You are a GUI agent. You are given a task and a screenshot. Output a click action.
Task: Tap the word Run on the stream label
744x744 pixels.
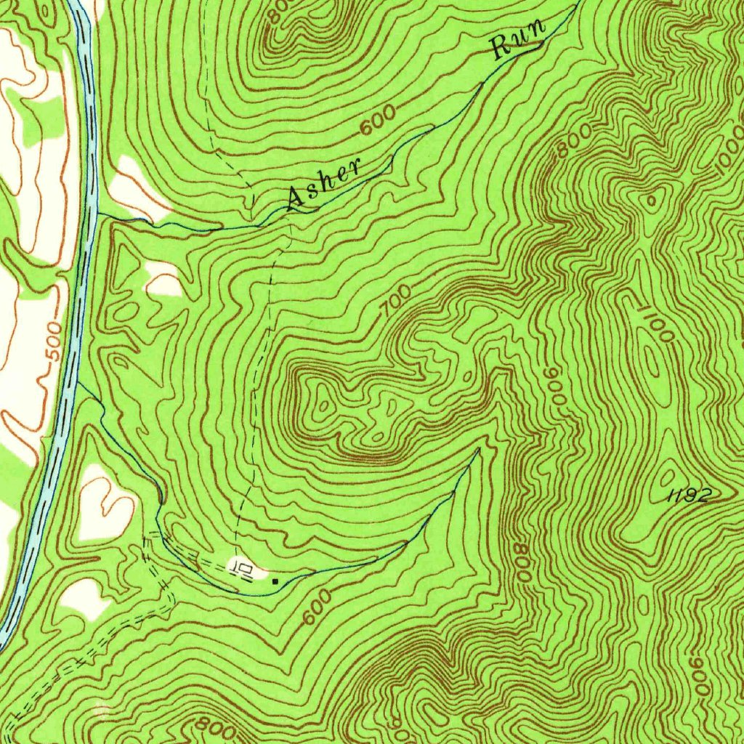519,40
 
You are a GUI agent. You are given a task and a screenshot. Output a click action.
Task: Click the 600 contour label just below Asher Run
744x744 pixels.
379,121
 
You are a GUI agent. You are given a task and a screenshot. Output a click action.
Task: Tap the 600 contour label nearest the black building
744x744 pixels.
317,607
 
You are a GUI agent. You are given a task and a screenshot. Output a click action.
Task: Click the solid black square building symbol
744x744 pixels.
275,581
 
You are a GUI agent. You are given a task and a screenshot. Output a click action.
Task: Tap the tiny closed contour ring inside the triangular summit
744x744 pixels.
652,197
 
